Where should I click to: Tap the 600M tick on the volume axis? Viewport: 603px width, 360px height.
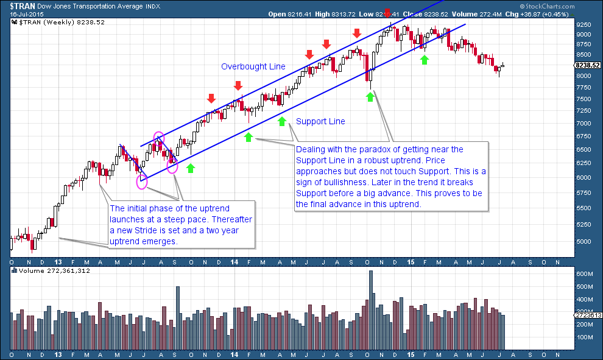point(584,274)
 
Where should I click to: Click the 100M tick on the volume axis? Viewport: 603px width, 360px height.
point(584,337)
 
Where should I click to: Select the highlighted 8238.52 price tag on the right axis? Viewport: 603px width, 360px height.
point(588,65)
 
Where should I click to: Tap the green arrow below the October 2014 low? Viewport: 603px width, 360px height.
point(370,96)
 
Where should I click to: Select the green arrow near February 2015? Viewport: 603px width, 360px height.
point(425,60)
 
